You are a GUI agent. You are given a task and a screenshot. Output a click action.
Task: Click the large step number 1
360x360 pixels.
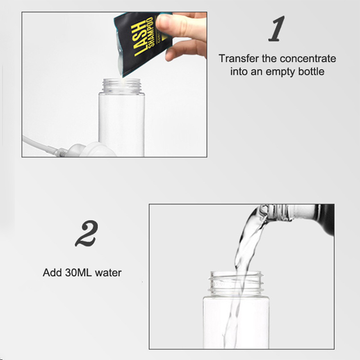point(277,29)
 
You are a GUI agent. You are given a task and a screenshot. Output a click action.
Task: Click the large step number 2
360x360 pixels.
point(87,234)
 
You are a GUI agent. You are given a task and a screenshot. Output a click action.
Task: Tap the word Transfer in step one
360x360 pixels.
point(239,59)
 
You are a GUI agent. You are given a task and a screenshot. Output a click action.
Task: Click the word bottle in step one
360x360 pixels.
point(311,71)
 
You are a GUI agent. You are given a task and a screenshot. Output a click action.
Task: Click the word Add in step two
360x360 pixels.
point(52,273)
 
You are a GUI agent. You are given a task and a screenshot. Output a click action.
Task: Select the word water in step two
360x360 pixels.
point(108,273)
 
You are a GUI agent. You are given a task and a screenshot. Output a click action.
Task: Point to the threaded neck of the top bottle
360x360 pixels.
point(121,86)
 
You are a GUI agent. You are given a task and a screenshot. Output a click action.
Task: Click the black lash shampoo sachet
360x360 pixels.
point(143,43)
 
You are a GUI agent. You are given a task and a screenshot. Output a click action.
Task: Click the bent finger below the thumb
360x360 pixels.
point(186,51)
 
